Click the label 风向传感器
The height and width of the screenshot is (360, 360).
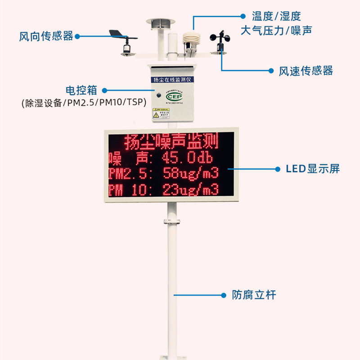46,36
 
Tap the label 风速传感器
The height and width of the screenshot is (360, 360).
306,71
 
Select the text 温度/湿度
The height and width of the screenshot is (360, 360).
276,17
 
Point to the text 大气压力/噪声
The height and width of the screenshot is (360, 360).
276,31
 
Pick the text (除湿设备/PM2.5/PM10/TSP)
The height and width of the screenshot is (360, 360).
84,103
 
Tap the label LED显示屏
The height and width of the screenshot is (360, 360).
313,169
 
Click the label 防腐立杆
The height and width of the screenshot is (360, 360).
254,295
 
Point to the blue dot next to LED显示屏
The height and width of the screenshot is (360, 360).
277,169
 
